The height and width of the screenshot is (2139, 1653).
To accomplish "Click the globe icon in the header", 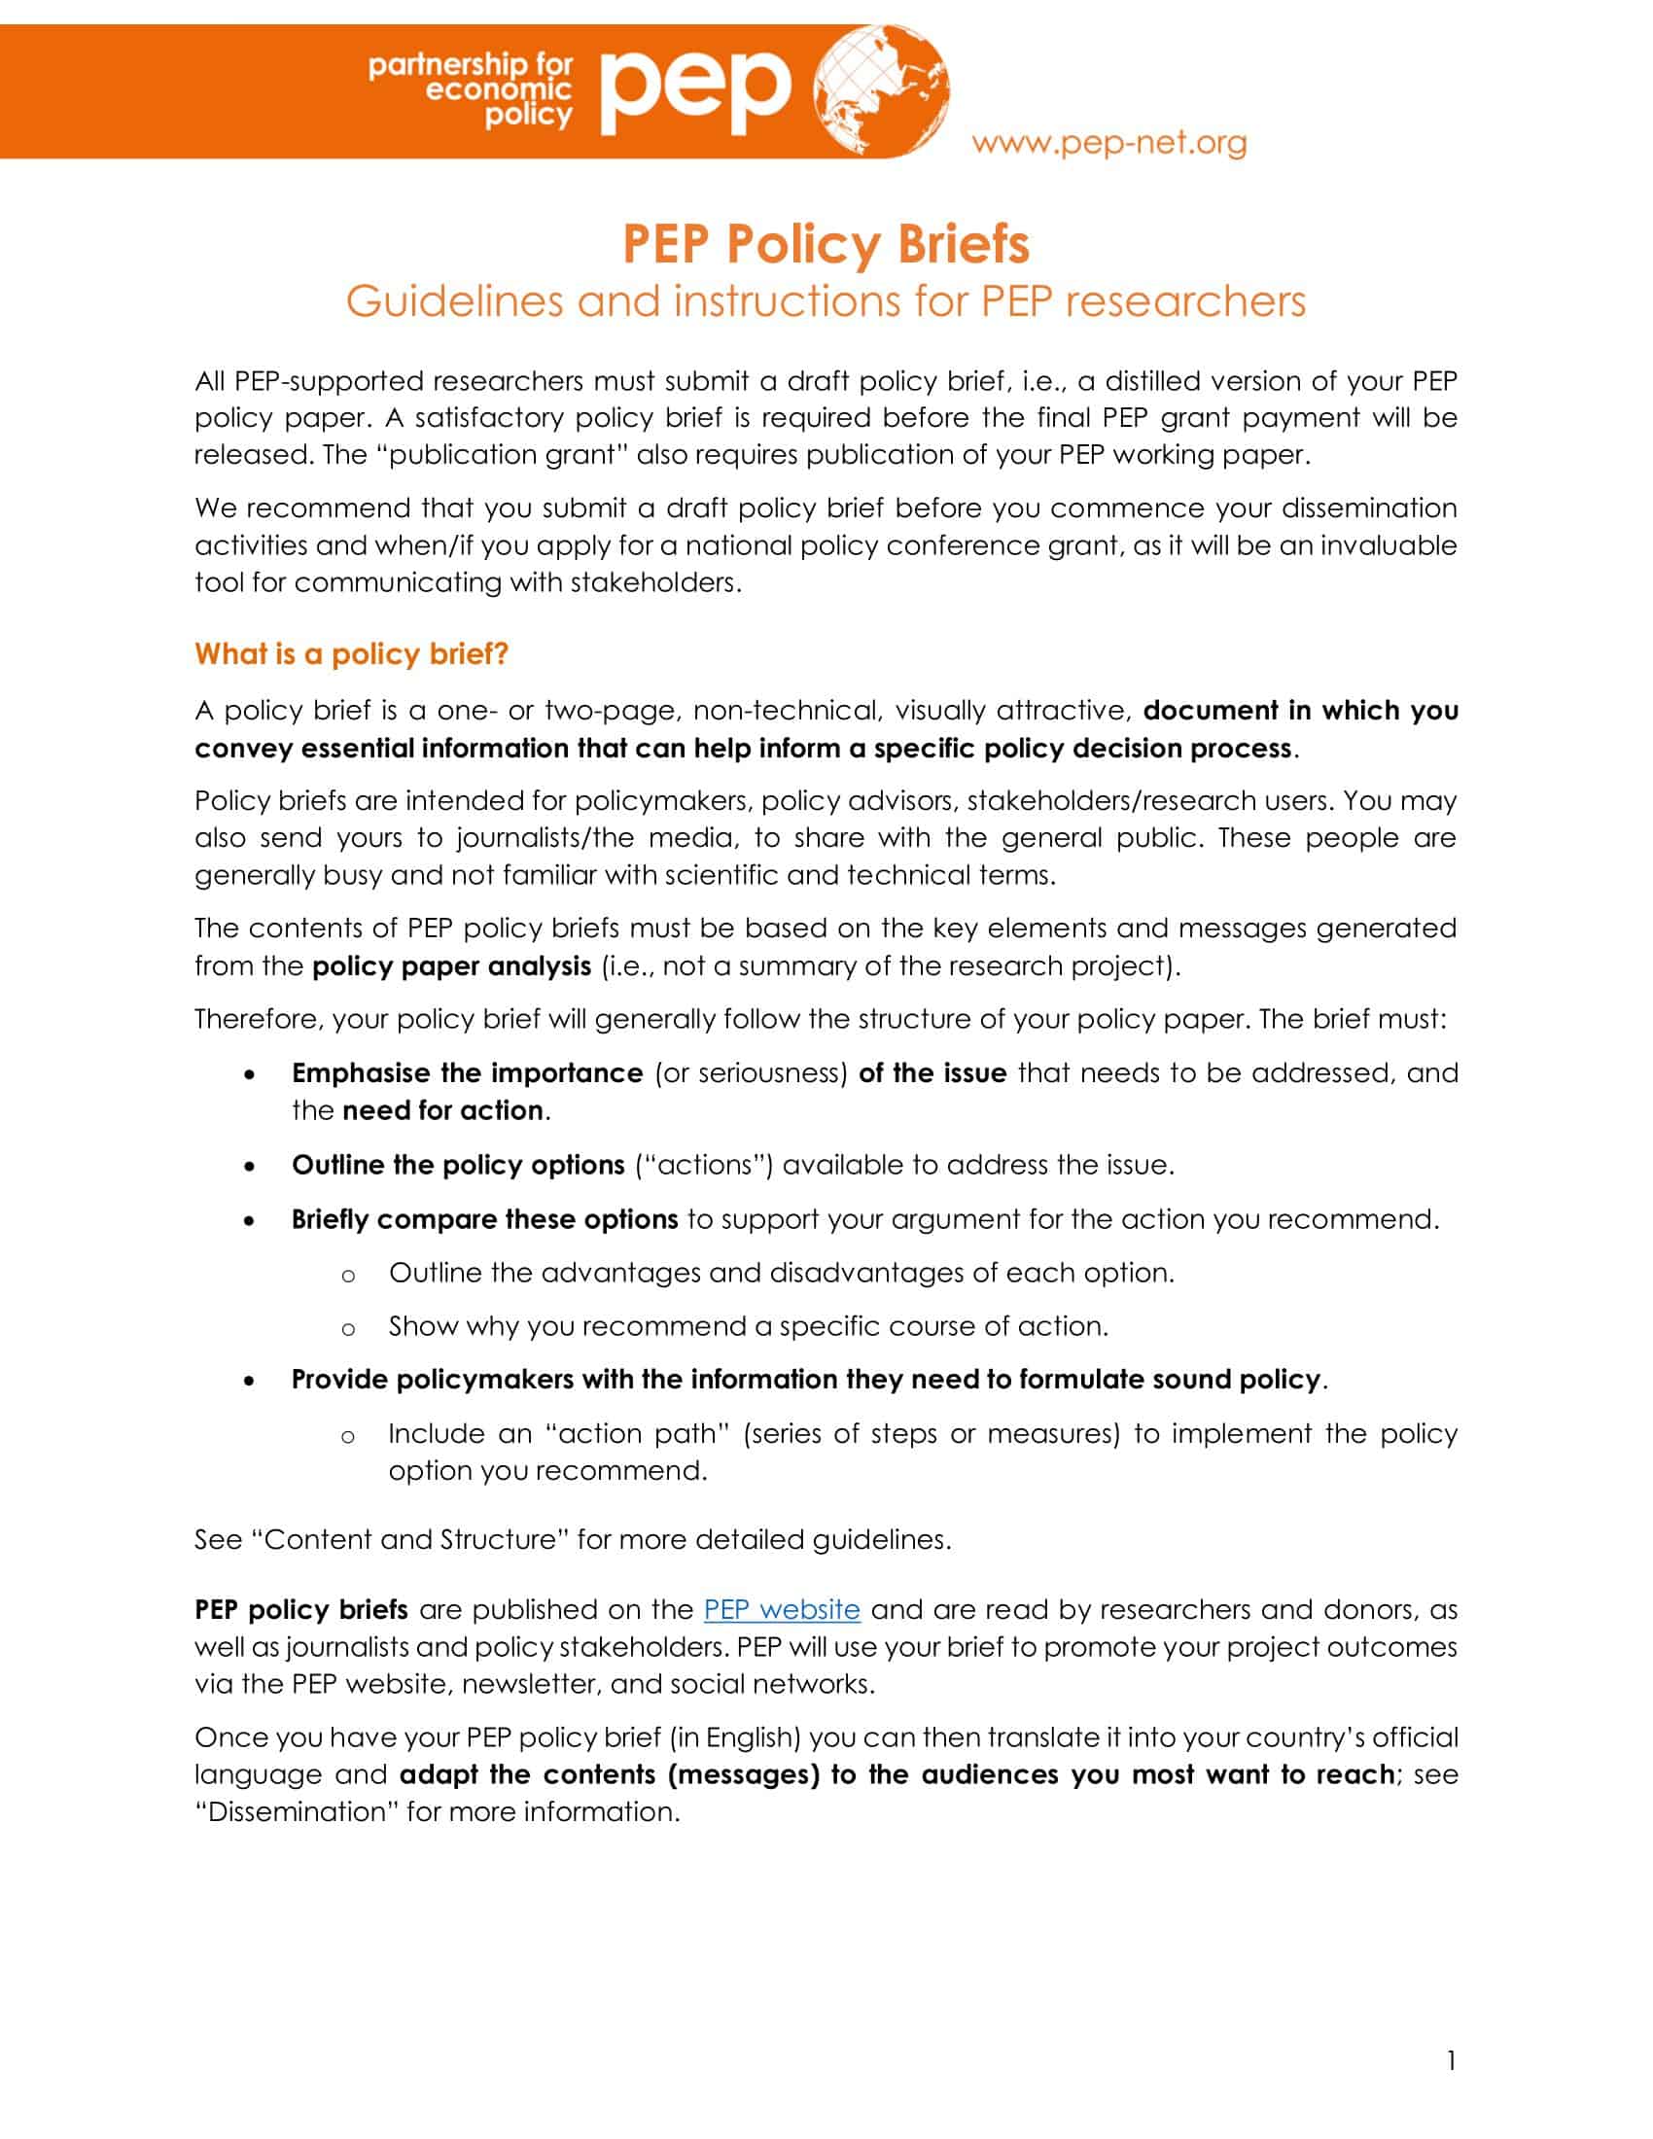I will [881, 90].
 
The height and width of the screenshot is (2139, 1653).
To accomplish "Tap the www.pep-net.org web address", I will [1108, 143].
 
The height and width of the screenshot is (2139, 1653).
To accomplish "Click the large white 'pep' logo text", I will [695, 90].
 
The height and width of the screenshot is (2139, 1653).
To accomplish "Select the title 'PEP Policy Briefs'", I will [826, 244].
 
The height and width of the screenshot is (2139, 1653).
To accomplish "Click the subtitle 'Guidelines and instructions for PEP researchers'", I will [826, 301].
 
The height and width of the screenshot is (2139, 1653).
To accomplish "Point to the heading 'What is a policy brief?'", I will [352, 653].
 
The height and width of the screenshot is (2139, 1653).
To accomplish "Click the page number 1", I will [1451, 2060].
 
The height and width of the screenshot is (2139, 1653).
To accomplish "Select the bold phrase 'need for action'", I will [442, 1109].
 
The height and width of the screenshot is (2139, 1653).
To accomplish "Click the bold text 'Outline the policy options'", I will [457, 1165].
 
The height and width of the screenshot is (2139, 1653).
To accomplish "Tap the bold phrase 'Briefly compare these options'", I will [485, 1219].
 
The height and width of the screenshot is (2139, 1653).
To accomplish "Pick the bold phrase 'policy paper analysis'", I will [451, 965].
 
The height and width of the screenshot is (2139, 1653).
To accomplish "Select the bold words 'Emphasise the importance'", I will [467, 1072].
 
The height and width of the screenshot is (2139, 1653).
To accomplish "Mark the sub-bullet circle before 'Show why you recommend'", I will [347, 1329].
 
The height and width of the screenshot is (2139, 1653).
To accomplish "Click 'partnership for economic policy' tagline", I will [470, 90].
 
